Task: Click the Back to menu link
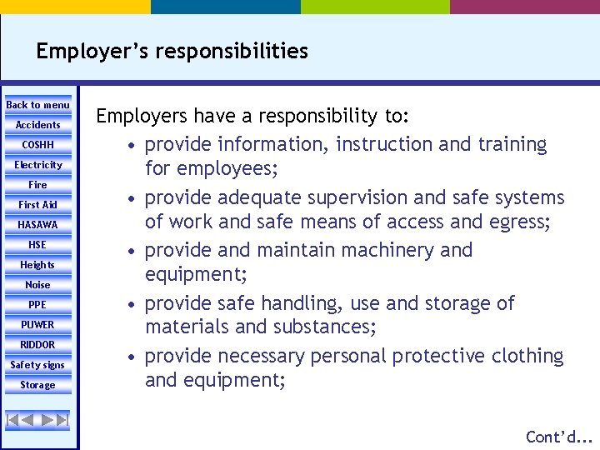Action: point(38,105)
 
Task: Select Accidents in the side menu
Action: point(38,125)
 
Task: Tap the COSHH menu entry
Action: point(38,145)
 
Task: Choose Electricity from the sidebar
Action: point(38,165)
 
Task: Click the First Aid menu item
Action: point(38,205)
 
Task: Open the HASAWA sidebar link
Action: point(38,225)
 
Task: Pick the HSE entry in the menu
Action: point(38,245)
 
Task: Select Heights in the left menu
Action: point(38,265)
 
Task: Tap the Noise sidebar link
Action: point(38,285)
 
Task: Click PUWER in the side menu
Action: point(38,325)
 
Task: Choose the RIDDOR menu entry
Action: point(38,345)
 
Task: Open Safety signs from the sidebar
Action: point(38,365)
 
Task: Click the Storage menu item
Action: point(38,385)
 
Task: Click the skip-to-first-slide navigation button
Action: point(13,420)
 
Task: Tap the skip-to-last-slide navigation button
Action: point(61,420)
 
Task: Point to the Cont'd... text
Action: point(558,437)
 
